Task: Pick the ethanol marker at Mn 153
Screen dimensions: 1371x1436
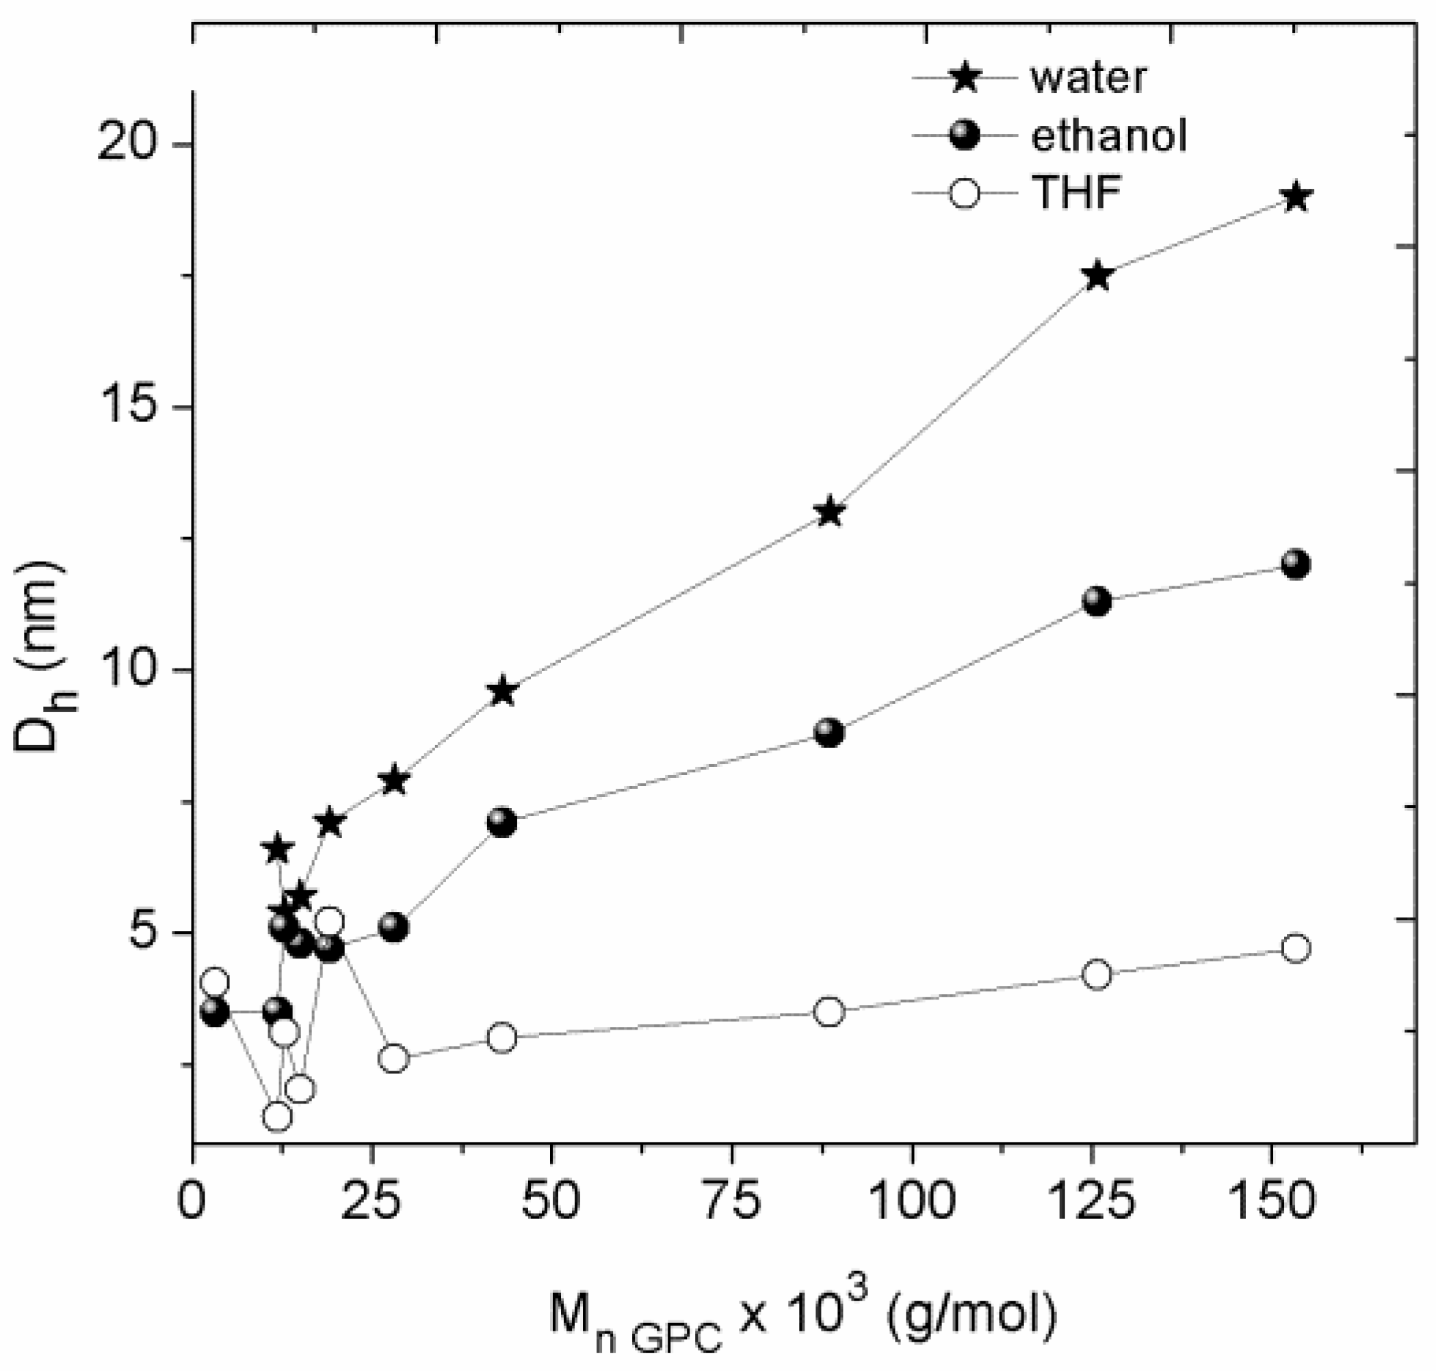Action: [x=1296, y=564]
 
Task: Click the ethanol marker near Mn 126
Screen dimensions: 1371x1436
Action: [x=1097, y=601]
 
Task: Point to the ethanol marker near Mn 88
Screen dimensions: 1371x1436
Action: [x=828, y=732]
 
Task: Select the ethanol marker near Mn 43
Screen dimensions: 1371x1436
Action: [x=502, y=823]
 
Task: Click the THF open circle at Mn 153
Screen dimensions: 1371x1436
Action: [x=1296, y=949]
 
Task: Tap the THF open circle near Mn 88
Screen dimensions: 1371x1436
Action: [x=828, y=1011]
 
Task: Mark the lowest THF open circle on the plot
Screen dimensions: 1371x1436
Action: [x=277, y=1116]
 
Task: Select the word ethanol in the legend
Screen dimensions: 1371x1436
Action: [x=1108, y=136]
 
